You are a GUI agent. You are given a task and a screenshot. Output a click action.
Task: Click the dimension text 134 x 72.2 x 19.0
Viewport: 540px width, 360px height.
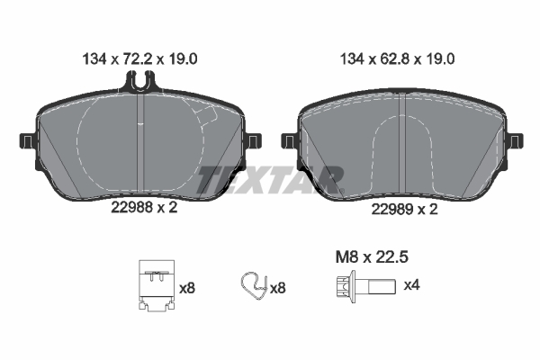pyautogui.click(x=139, y=59)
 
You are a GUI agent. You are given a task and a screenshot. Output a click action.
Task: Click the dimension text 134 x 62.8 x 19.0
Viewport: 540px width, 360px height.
pyautogui.click(x=397, y=59)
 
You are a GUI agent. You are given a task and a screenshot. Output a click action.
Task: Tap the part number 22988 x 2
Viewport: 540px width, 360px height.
pyautogui.click(x=144, y=207)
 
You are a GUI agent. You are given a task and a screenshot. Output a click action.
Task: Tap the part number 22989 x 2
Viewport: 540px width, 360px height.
pyautogui.click(x=404, y=209)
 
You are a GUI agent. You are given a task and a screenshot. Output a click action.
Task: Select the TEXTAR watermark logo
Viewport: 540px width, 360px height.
pyautogui.click(x=270, y=180)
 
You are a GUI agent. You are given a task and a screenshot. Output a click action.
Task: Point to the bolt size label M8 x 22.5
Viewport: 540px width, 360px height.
pyautogui.click(x=372, y=257)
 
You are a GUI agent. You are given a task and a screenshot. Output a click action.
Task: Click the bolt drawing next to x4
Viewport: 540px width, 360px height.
pyautogui.click(x=366, y=286)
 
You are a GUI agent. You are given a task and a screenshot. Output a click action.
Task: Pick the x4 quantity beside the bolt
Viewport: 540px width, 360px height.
pyautogui.click(x=411, y=285)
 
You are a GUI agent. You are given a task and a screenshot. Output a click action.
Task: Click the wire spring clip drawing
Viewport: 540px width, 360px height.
pyautogui.click(x=254, y=286)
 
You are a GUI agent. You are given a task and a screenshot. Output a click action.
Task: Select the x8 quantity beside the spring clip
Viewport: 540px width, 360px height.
pyautogui.click(x=277, y=288)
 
